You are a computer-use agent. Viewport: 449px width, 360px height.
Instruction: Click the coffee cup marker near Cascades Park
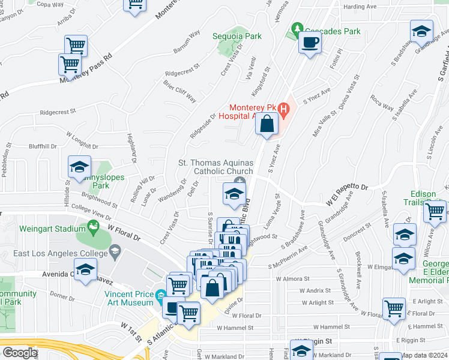click(310, 43)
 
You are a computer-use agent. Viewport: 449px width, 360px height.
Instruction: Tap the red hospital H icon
click(284, 110)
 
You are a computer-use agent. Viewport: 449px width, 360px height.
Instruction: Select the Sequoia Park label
click(237, 36)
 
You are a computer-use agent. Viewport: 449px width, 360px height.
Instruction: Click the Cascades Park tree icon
click(296, 29)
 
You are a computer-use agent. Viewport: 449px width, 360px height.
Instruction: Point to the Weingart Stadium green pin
click(93, 227)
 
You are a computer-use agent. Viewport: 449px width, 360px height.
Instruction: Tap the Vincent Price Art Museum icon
click(160, 296)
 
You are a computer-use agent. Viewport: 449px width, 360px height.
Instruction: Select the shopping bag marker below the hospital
click(267, 125)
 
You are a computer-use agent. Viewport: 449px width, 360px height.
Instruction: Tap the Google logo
click(19, 353)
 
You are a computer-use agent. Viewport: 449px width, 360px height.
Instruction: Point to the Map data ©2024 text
click(423, 355)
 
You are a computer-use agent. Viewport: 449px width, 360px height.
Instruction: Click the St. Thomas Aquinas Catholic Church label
click(216, 167)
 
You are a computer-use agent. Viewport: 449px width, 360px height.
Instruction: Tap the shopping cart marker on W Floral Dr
click(394, 308)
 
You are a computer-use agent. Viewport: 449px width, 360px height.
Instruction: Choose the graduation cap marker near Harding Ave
click(421, 31)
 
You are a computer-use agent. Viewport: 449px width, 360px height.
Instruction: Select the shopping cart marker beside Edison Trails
click(435, 211)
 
